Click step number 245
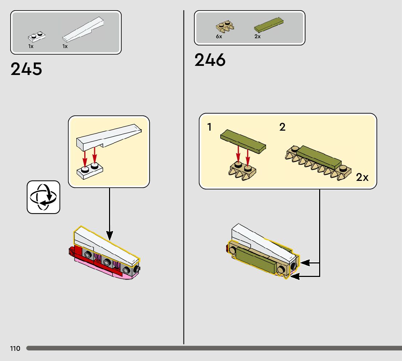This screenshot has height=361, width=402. [26, 69]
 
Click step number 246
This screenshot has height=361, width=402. [210, 60]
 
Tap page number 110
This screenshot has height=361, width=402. [15, 349]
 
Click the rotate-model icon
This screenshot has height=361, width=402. [43, 197]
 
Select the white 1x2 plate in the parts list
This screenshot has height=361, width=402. [36, 36]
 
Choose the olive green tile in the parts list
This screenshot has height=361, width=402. [269, 25]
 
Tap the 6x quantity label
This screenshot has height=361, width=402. [219, 37]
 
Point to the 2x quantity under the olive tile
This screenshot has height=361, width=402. [257, 37]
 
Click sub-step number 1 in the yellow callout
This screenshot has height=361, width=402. [209, 127]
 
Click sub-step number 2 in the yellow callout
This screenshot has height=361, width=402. [282, 127]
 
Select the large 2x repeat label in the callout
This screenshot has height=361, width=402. [362, 177]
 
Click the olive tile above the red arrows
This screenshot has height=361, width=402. [243, 140]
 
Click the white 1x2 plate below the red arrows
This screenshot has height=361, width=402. [90, 170]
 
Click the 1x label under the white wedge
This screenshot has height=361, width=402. [65, 46]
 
